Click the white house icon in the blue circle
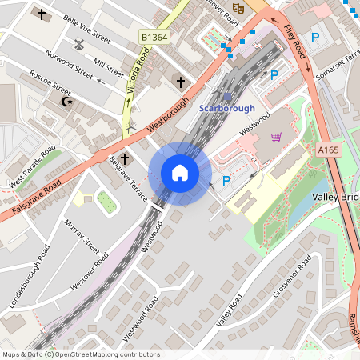point(180,173)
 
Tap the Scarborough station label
point(226,108)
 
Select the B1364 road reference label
point(154,37)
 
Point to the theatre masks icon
point(238,9)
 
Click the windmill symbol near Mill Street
point(78,46)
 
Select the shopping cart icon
point(277,137)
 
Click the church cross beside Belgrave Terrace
point(125,158)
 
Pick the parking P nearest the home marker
point(226,181)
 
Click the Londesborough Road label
point(31,283)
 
